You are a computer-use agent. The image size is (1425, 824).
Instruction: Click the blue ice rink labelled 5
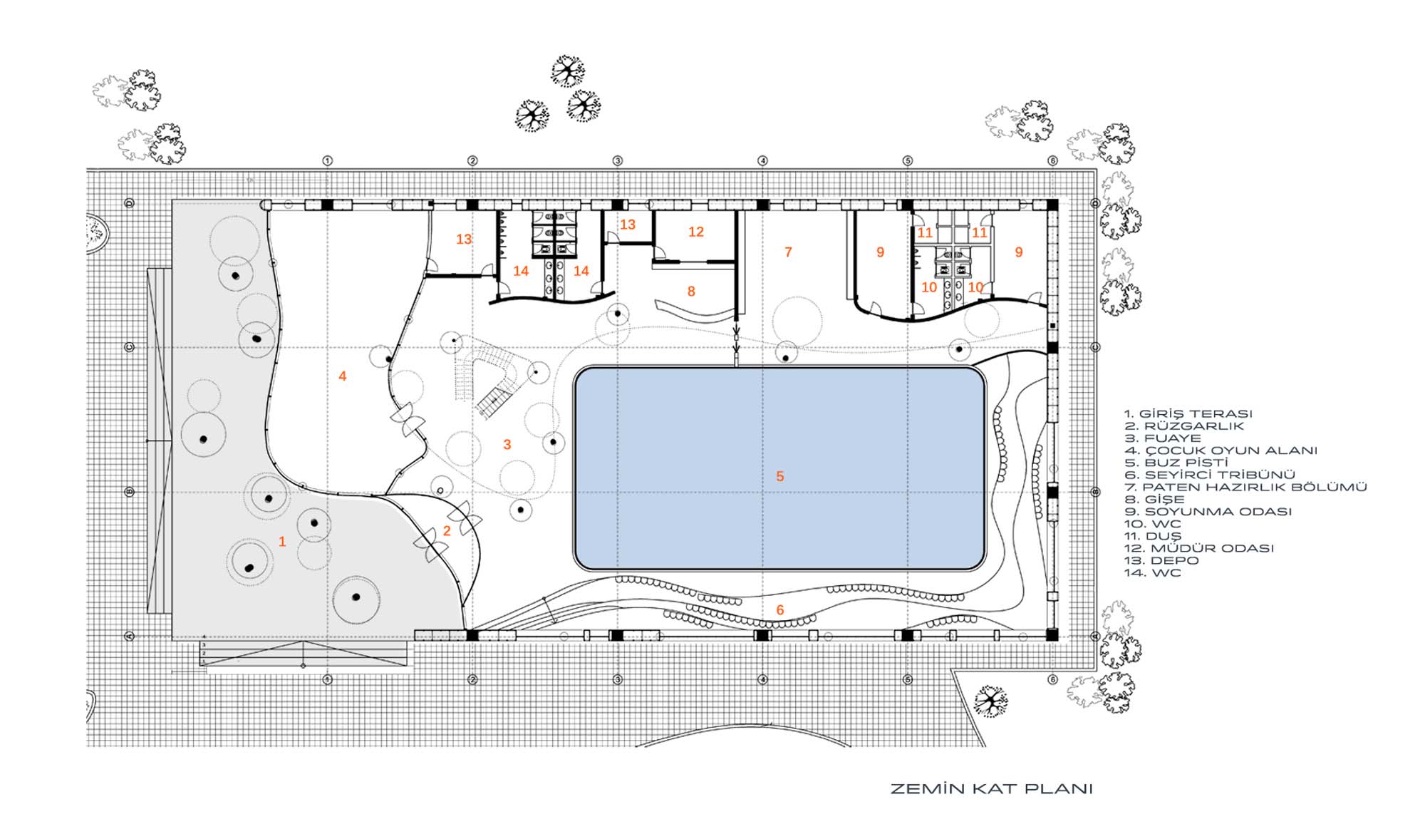779,468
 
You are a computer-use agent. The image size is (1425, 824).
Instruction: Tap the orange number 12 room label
696,232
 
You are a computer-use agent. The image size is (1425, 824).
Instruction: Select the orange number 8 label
691,291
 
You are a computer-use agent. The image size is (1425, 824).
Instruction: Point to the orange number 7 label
788,252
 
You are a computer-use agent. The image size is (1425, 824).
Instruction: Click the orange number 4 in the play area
343,376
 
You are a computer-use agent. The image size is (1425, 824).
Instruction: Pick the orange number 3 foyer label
507,445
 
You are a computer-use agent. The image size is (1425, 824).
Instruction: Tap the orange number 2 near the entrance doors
447,530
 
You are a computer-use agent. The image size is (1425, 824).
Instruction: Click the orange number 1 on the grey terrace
282,542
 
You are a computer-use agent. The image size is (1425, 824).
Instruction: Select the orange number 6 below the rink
780,609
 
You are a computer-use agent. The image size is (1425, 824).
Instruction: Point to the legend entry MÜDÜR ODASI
1198,548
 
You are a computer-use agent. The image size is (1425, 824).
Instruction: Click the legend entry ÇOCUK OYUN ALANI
1221,450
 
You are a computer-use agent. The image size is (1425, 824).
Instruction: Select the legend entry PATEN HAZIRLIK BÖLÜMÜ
1245,487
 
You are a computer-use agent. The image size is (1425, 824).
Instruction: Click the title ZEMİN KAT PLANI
991,789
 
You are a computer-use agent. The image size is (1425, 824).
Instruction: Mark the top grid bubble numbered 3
618,161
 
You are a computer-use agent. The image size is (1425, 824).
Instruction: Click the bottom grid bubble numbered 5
908,680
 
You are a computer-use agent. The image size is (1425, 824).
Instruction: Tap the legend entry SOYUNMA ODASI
1208,512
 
